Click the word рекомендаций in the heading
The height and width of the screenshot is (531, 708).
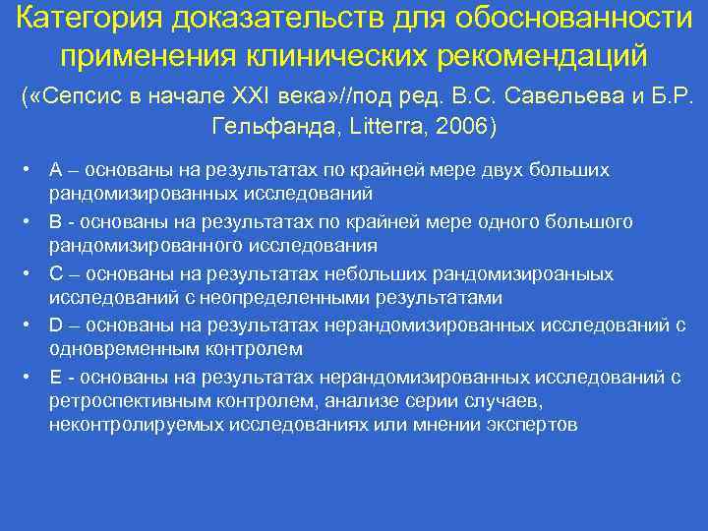[549, 54]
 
